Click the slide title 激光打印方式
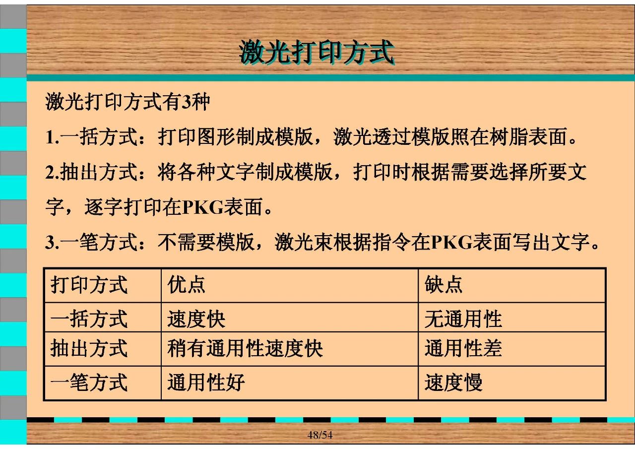317,52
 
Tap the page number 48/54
320,435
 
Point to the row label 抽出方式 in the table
89,348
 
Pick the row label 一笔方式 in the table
89,383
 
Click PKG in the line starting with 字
203,208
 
